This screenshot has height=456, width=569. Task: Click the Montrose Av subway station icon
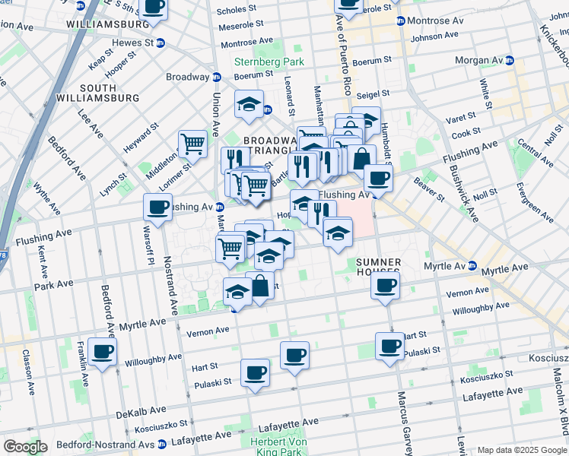pyautogui.click(x=401, y=21)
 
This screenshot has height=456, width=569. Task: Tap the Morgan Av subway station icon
pyautogui.click(x=510, y=60)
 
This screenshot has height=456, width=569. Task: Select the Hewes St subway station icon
pyautogui.click(x=160, y=43)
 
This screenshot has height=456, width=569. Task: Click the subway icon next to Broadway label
pyautogui.click(x=216, y=77)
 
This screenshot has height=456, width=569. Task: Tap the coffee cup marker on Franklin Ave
pyautogui.click(x=102, y=351)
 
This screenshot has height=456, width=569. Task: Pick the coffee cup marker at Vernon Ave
pyautogui.click(x=385, y=286)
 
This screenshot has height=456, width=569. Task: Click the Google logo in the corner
pyautogui.click(x=25, y=447)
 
